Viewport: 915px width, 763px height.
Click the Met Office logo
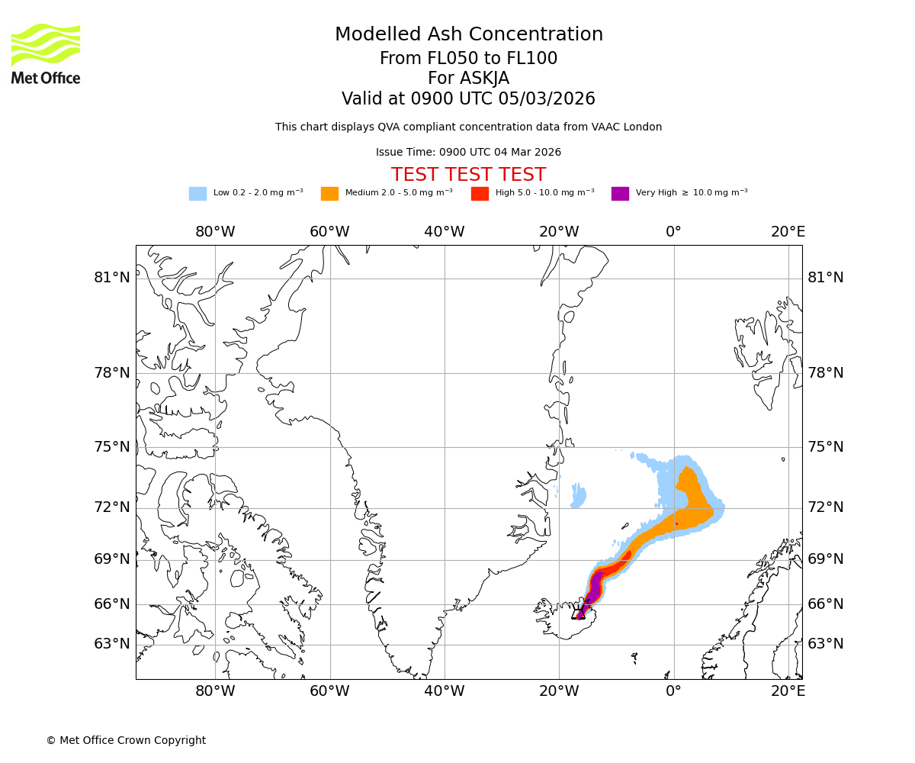(x=46, y=53)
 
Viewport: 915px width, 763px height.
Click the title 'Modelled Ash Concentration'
(x=468, y=35)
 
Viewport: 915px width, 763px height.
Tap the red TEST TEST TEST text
(x=468, y=175)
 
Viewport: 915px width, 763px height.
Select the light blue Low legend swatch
(x=197, y=194)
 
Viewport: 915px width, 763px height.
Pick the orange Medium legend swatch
(x=329, y=194)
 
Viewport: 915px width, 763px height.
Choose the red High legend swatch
(x=480, y=194)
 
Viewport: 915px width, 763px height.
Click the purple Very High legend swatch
(x=620, y=194)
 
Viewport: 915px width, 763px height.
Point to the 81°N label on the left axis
(x=112, y=278)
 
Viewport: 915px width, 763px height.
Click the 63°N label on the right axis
(x=826, y=644)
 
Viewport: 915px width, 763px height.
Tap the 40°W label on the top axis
(x=445, y=232)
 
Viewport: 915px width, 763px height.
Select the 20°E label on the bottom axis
(x=788, y=691)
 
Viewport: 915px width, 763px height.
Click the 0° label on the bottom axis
(x=673, y=691)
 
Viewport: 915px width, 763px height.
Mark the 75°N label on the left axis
(x=112, y=447)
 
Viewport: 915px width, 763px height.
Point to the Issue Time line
(x=468, y=153)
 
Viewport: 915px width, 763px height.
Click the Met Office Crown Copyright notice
(x=126, y=740)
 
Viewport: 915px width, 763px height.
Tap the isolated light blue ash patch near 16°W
(x=579, y=496)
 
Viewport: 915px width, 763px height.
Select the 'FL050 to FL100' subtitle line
(x=468, y=59)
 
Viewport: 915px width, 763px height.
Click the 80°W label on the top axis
(x=215, y=232)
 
